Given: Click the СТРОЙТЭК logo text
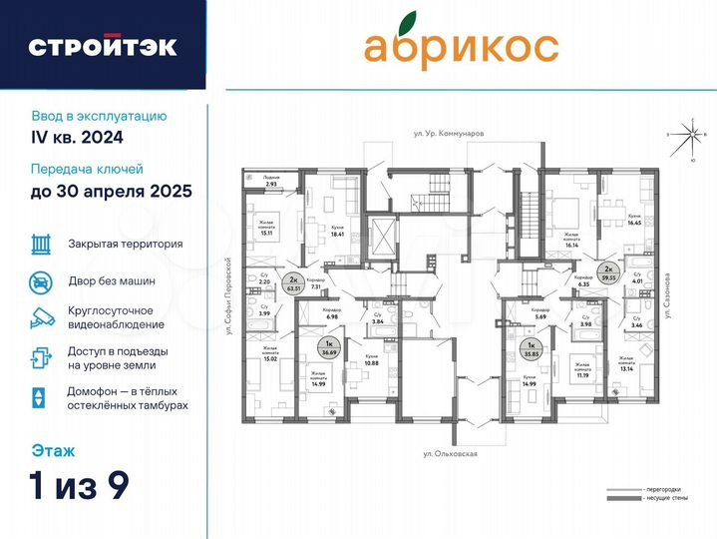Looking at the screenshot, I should [x=103, y=46].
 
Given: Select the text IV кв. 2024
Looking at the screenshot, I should [x=76, y=137].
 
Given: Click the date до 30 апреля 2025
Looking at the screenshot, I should [x=111, y=190].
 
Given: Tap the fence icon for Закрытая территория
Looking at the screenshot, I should [x=41, y=244].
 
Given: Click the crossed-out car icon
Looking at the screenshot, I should [x=41, y=281].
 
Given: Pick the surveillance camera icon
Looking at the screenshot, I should [x=41, y=318].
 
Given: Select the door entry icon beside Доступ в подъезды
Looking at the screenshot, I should [x=41, y=357].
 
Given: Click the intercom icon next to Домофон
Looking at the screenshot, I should [x=39, y=396].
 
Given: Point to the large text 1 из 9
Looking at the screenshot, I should [x=80, y=486].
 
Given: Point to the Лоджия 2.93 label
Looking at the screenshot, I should [x=271, y=182].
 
